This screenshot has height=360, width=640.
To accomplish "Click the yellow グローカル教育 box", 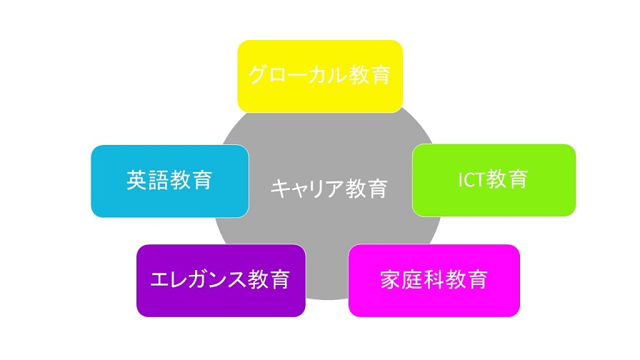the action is click(x=320, y=76).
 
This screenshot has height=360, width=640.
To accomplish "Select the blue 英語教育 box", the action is click(x=170, y=181).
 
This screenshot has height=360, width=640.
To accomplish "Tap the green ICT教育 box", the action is click(x=494, y=180).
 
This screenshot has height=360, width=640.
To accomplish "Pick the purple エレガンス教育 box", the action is click(x=221, y=281).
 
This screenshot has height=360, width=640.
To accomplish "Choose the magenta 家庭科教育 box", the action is click(x=434, y=281).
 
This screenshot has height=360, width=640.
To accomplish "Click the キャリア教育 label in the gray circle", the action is click(x=329, y=189).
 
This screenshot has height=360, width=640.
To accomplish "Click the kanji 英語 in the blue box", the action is click(x=148, y=181).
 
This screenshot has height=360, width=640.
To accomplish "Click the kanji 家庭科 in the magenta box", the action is click(x=412, y=280).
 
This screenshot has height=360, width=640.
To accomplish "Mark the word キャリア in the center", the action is click(x=307, y=189).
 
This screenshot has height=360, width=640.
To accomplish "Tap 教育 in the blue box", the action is click(x=191, y=181).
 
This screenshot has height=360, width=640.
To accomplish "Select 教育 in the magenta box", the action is click(x=466, y=280).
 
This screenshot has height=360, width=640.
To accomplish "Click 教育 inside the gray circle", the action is click(x=366, y=189).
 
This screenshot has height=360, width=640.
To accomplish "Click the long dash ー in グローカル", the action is click(x=298, y=76).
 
